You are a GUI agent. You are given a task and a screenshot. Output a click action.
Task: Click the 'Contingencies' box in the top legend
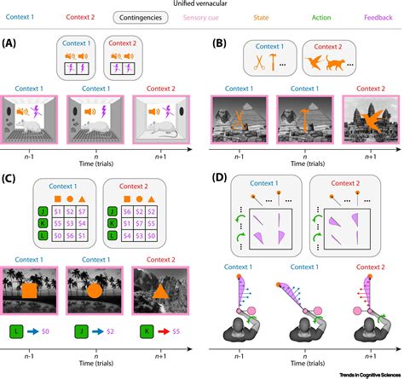tap(174, 16)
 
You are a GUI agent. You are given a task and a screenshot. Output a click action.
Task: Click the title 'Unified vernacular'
tap(202, 4)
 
